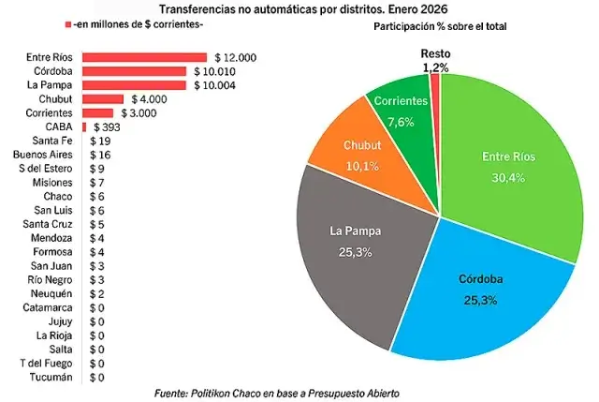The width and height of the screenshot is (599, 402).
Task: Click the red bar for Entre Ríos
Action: click(144, 57)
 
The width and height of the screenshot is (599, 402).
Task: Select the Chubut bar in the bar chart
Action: click(103, 98)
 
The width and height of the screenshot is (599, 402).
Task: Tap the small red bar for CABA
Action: click(84, 126)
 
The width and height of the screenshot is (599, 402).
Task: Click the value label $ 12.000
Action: click(235, 57)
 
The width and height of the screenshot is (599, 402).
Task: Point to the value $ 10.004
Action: click(215, 85)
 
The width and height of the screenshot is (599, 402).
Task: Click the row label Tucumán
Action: click(51, 377)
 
